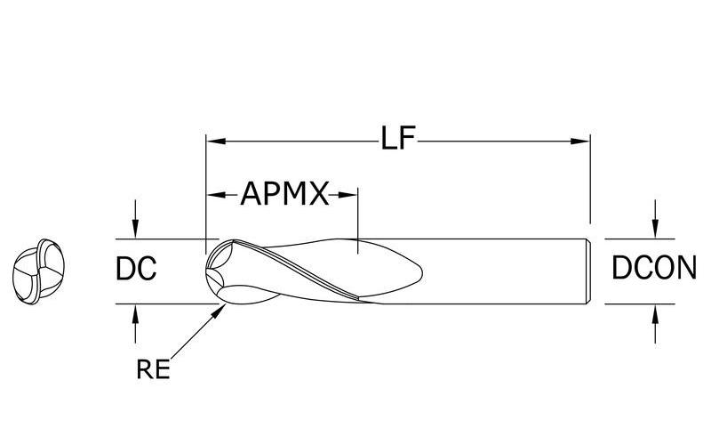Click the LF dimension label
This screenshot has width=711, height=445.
[x=398, y=140]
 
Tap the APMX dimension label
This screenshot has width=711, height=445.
[x=284, y=193]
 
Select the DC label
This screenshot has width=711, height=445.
[x=137, y=269]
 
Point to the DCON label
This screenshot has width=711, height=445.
[x=654, y=269]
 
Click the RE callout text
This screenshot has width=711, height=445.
[x=153, y=369]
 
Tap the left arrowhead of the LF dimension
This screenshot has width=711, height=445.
[x=213, y=141]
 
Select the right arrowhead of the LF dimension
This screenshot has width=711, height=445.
[x=583, y=141]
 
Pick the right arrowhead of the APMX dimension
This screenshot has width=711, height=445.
[x=350, y=193]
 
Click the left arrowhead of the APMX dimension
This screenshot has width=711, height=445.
[x=213, y=193]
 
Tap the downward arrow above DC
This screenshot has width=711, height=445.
[x=135, y=231]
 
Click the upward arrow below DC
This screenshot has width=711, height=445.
[x=135, y=311]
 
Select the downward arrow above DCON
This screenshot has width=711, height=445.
[x=655, y=231]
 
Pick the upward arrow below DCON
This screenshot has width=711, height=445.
[x=655, y=311]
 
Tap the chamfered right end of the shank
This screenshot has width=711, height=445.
[x=589, y=271]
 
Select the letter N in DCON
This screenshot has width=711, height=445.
[x=683, y=269]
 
